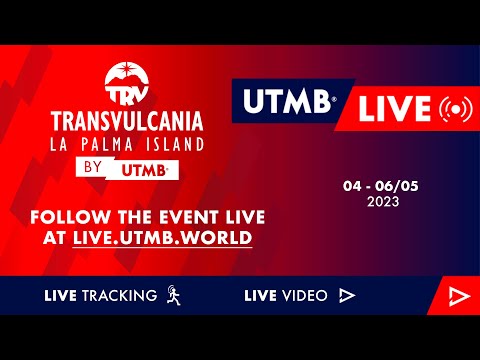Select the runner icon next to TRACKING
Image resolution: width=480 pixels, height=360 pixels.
(x=174, y=295)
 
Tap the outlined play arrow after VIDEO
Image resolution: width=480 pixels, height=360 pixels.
(x=347, y=295)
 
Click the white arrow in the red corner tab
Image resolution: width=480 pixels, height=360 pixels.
(x=458, y=295)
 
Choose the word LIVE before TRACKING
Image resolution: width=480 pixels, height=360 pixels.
(x=63, y=295)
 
